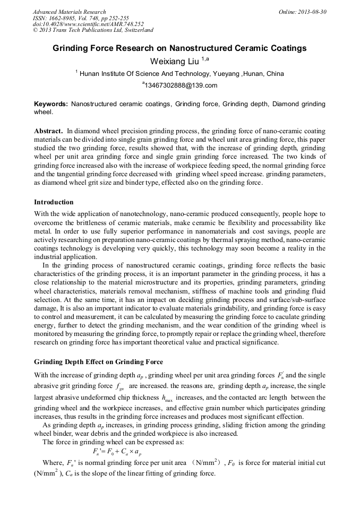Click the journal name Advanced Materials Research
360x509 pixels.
pos(69,12)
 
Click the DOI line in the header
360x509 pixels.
pos(88,24)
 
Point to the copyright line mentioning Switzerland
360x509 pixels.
pos(93,30)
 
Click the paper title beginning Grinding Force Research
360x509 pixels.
pos(179,48)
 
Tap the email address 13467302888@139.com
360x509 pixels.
pos(181,85)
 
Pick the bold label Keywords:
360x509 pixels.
pos(51,105)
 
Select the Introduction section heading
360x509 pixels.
pos(54,202)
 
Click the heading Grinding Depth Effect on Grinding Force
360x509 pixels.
pos(98,362)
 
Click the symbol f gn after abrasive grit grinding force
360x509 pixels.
pos(120,387)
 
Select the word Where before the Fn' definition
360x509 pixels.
pos(52,463)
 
